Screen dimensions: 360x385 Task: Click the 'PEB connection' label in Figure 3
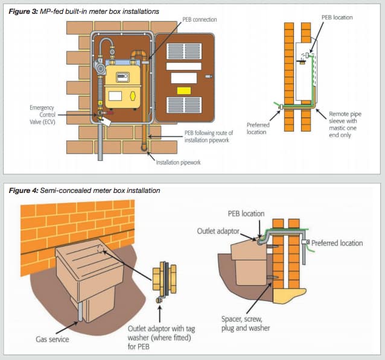pyautogui.click(x=200, y=20)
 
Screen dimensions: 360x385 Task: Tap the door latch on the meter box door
pyautogui.click(x=209, y=77)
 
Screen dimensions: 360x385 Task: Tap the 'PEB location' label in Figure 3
pyautogui.click(x=334, y=17)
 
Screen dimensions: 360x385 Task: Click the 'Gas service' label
pyautogui.click(x=52, y=339)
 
